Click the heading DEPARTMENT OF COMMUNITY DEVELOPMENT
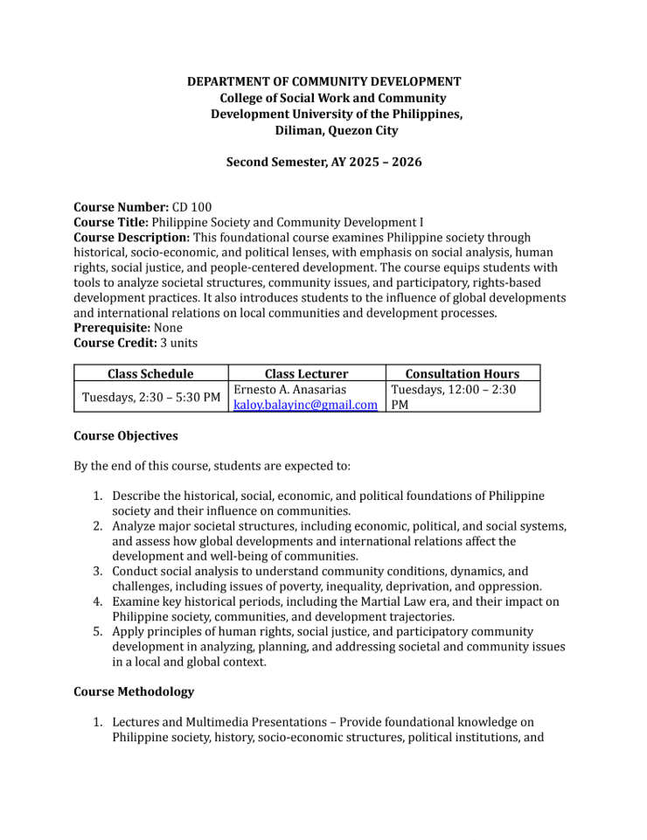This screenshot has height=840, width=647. (x=324, y=81)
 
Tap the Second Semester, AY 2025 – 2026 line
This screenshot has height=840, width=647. (x=324, y=163)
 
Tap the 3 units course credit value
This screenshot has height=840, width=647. (x=178, y=344)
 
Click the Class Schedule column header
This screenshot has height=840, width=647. (x=150, y=373)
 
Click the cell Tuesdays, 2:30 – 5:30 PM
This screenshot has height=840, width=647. (x=150, y=398)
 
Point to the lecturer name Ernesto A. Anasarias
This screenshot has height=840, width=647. (x=289, y=389)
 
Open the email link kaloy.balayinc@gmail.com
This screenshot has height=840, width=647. (x=305, y=405)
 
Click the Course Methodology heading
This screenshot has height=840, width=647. (x=134, y=691)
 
